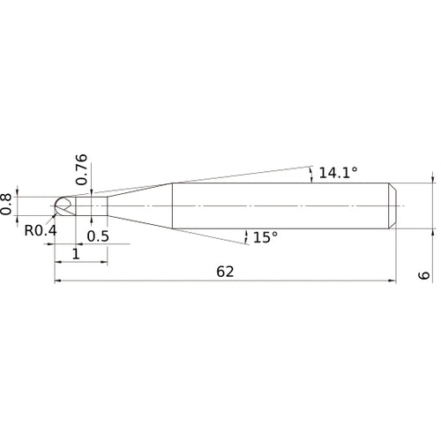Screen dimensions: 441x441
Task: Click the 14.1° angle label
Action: (x=338, y=173)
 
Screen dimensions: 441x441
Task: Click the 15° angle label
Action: (x=265, y=237)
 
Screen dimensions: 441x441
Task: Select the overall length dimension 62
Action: (x=225, y=272)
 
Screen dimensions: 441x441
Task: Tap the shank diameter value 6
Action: (x=423, y=275)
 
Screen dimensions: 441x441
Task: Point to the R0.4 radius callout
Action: (x=41, y=230)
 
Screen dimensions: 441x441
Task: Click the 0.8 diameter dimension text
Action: (x=6, y=205)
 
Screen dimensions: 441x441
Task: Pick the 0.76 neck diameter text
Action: (x=81, y=169)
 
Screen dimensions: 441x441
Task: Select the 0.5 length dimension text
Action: (x=98, y=236)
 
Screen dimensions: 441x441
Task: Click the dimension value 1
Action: (x=76, y=254)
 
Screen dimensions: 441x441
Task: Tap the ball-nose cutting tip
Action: (x=64, y=206)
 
